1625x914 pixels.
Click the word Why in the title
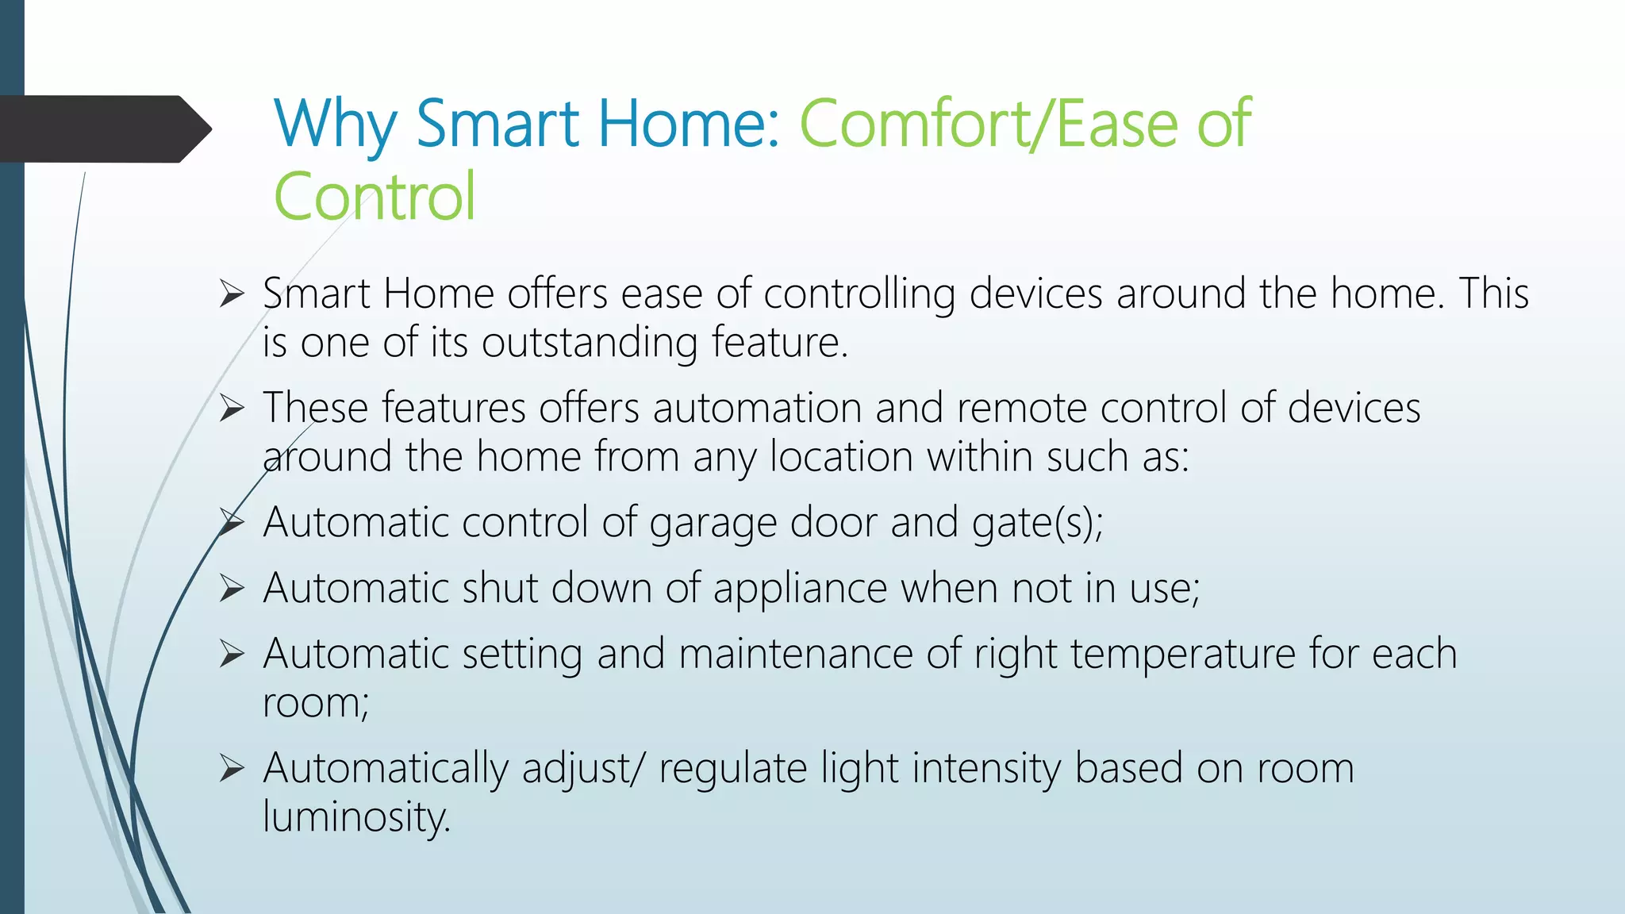tap(334, 125)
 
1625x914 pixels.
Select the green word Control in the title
tap(375, 197)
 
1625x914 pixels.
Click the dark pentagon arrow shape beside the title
tap(103, 129)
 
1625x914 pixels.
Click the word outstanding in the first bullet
tap(589, 344)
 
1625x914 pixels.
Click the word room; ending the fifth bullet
tap(316, 704)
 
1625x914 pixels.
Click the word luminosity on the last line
tap(356, 818)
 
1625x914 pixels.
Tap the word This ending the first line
tap(1493, 294)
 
